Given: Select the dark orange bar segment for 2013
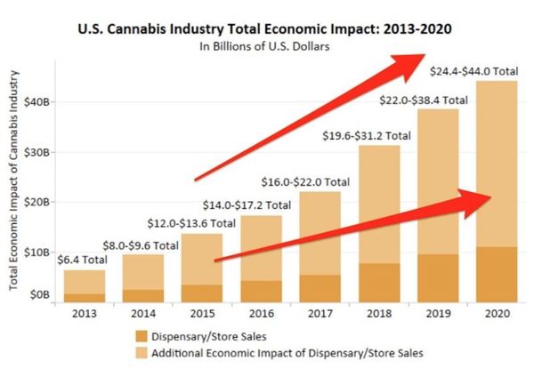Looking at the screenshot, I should [x=84, y=297].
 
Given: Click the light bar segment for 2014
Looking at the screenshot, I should [x=143, y=272].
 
